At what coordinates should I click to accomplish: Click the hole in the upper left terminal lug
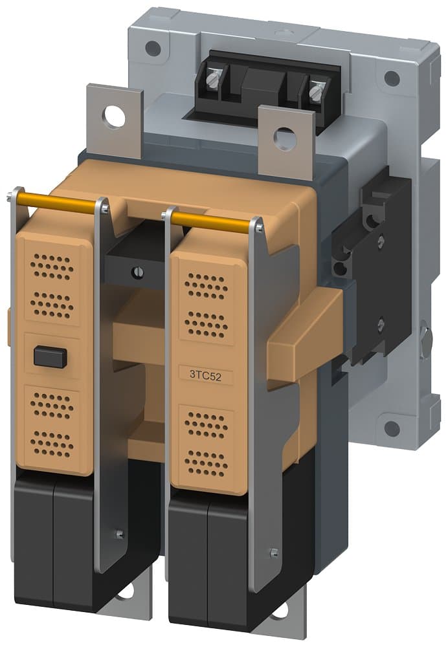115,118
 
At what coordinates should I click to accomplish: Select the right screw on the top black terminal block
315,92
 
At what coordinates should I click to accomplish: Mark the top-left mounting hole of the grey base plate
153,47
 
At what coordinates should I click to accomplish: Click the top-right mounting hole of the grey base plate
392,78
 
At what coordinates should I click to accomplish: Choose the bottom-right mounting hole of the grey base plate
392,428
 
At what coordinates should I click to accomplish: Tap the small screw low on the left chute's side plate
119,534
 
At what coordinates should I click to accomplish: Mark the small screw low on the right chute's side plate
274,552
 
